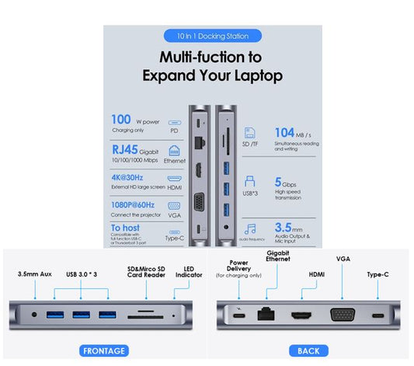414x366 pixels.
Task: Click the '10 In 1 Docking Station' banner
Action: click(213, 35)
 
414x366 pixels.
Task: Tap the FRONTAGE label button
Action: click(103, 350)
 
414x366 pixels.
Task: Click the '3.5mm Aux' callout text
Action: click(36, 274)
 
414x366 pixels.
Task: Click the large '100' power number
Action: click(120, 120)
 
